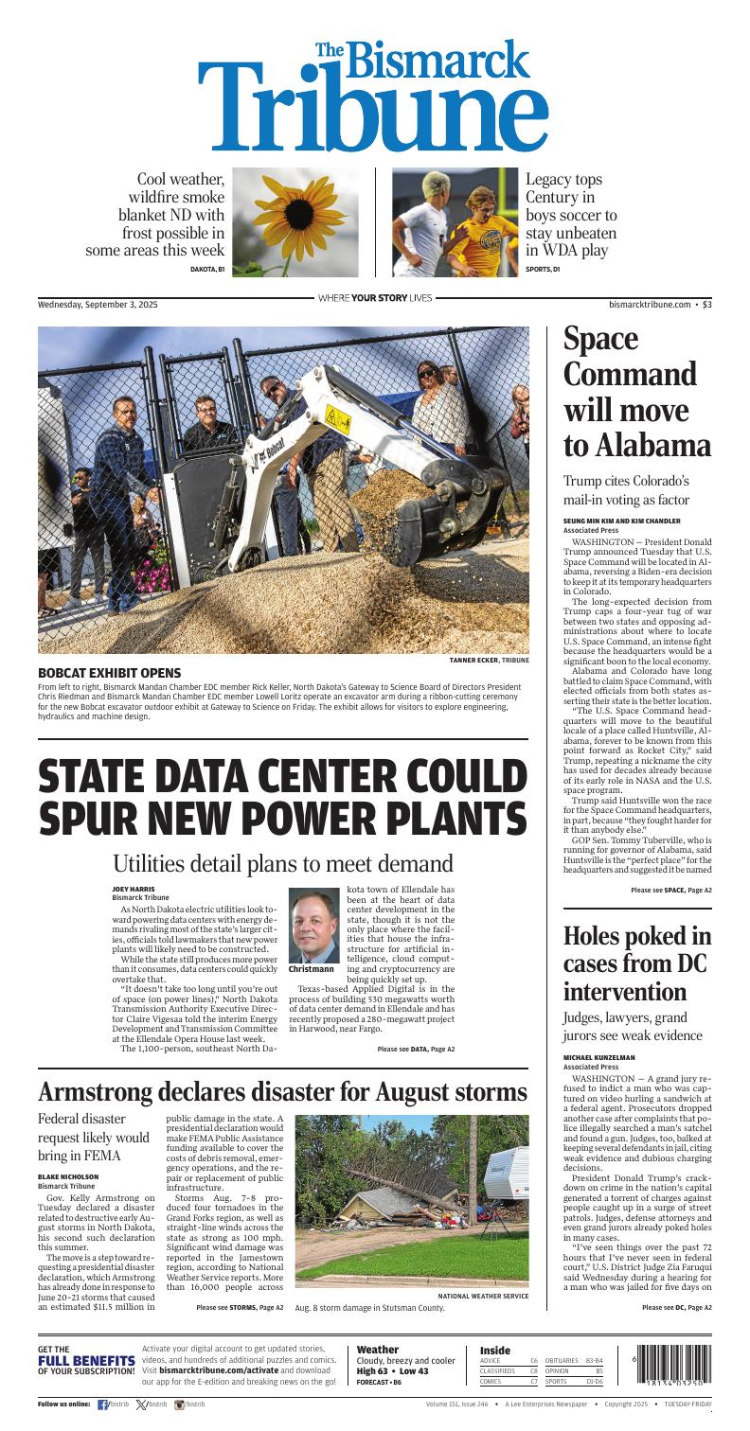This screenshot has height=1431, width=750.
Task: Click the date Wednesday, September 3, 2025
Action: pyautogui.click(x=98, y=305)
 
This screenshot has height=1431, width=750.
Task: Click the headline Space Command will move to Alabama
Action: pyautogui.click(x=636, y=392)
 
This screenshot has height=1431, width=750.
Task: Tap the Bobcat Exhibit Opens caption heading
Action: pyautogui.click(x=101, y=672)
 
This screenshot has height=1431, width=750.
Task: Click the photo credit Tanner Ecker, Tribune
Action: pyautogui.click(x=490, y=660)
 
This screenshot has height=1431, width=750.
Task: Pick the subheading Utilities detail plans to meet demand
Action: pyautogui.click(x=282, y=863)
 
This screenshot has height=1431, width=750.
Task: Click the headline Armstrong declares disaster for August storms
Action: pyautogui.click(x=282, y=1092)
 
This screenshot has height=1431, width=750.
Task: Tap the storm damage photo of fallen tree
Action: pyautogui.click(x=412, y=1200)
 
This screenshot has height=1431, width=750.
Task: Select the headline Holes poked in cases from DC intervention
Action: pyautogui.click(x=636, y=963)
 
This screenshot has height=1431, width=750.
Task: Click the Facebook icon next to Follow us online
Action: pyautogui.click(x=102, y=1405)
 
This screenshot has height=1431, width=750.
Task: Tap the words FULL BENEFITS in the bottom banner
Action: pyautogui.click(x=86, y=1361)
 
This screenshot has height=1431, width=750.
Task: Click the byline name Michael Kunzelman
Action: pyautogui.click(x=599, y=1056)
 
